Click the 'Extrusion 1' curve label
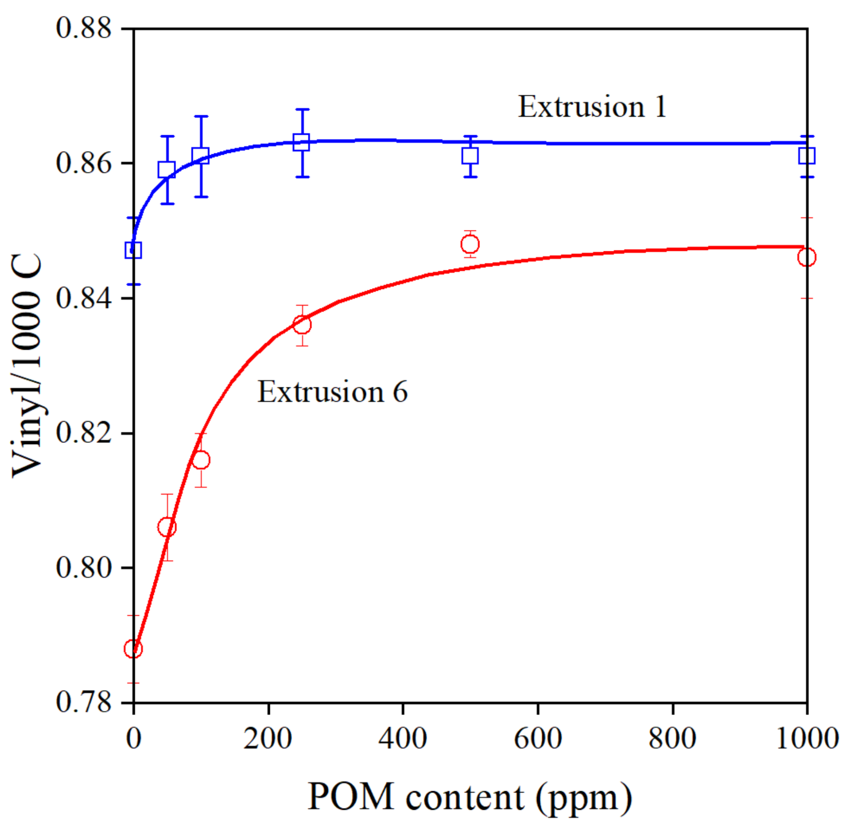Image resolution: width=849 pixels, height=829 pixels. (592, 107)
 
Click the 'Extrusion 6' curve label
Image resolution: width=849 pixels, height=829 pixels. (332, 392)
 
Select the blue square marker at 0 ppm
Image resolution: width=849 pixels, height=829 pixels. (133, 250)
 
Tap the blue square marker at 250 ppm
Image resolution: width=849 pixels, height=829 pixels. (302, 142)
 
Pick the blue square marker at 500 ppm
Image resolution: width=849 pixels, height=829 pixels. (470, 156)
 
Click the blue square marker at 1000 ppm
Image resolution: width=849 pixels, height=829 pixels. (806, 156)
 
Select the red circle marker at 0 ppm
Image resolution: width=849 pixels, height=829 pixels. (133, 649)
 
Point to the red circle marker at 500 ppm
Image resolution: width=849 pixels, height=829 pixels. (470, 244)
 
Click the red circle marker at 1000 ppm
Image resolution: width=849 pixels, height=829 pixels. (806, 258)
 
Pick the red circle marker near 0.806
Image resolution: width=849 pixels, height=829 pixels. (167, 528)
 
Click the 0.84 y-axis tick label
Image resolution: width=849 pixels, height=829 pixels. (83, 298)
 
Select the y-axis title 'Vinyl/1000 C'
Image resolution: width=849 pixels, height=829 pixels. (26, 366)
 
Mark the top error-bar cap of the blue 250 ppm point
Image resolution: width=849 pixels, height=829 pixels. (302, 109)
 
